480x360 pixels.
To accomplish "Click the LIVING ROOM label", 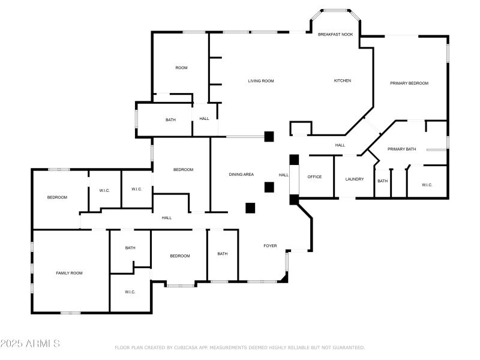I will (x=261, y=81).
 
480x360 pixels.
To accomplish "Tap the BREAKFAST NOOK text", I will (x=335, y=35).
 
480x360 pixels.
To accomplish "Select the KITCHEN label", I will (x=343, y=81).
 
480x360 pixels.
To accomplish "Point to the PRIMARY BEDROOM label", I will (x=409, y=83).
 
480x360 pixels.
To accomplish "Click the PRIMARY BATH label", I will (x=401, y=149).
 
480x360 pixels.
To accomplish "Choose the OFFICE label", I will (x=314, y=177).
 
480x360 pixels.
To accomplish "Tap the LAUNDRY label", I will (x=355, y=179).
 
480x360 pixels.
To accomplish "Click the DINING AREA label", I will (x=241, y=175).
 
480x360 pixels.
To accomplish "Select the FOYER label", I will (x=270, y=245).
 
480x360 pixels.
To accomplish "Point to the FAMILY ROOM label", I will (x=69, y=273).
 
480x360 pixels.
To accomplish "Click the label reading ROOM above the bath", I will (x=181, y=68).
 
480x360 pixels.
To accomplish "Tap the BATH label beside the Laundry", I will (x=382, y=181).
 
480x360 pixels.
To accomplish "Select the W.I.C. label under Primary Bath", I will (x=427, y=185).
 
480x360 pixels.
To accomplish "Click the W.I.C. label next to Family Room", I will (x=130, y=292).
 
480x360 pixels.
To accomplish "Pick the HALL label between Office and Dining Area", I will (x=284, y=175).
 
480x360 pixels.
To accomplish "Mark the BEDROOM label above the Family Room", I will (x=57, y=197).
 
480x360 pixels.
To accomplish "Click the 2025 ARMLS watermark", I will (x=30, y=344).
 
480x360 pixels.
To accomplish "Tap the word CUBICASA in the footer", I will (x=186, y=347).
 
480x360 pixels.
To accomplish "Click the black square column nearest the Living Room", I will (x=269, y=136).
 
